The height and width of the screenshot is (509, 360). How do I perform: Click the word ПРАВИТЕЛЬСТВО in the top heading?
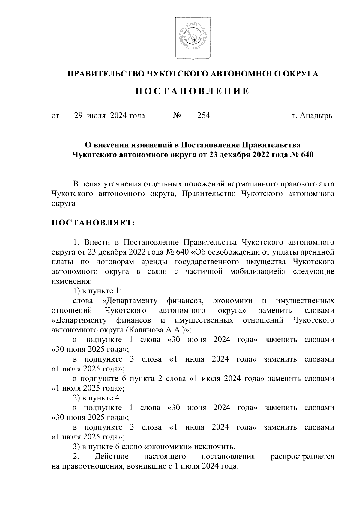[105, 74]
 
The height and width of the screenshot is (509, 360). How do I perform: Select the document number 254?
[203, 115]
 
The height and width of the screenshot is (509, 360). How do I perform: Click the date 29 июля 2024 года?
[109, 115]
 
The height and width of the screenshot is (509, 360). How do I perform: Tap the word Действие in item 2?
[111, 457]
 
